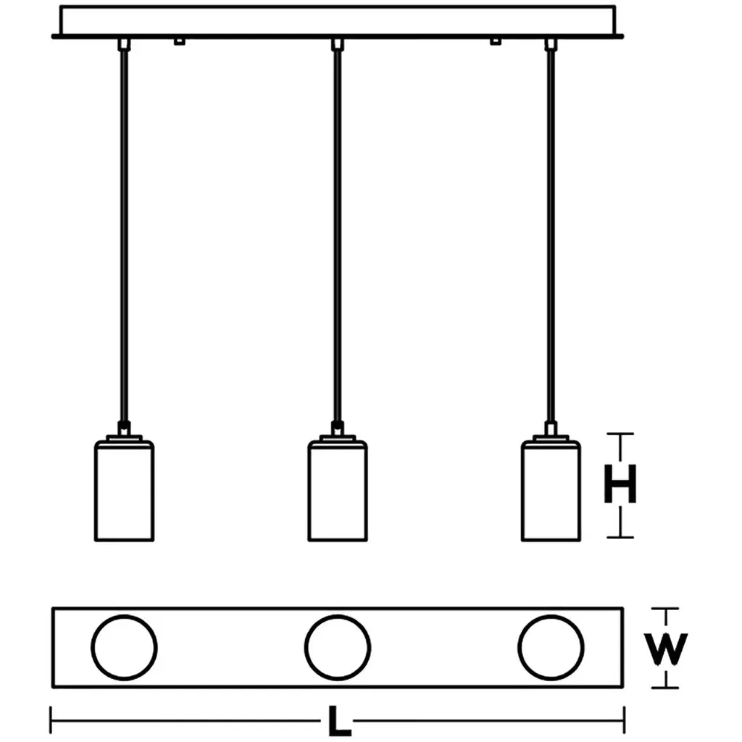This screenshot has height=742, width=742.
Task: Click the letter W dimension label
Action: (x=666, y=649)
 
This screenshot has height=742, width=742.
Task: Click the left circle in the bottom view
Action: (x=125, y=647)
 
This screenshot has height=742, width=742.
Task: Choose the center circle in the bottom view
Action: (x=338, y=647)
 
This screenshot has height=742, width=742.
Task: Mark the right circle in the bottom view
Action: (x=551, y=647)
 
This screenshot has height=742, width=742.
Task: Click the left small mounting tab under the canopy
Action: (x=179, y=41)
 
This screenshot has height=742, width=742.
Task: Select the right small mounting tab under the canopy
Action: (x=496, y=41)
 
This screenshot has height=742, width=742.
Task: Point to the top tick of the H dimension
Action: (x=620, y=434)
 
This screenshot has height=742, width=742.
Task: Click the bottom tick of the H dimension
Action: (x=620, y=537)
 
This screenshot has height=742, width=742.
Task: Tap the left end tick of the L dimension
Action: (x=51, y=720)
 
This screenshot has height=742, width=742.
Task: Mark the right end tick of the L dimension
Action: (x=624, y=720)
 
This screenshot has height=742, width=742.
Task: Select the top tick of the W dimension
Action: (x=666, y=608)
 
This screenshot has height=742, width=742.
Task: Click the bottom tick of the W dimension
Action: (x=666, y=687)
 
